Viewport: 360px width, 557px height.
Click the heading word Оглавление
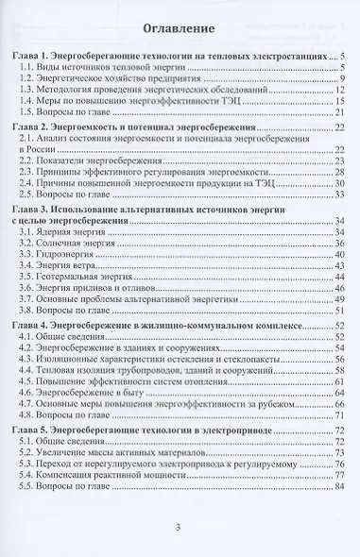pos(179,27)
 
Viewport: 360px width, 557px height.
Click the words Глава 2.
pos(41,127)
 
